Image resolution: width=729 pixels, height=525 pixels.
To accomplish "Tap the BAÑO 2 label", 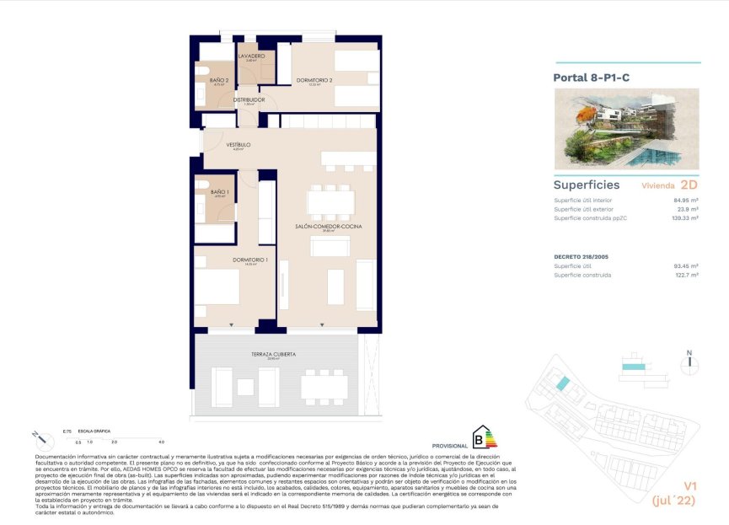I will tap(219, 80).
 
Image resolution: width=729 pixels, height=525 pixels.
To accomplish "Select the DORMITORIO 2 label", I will tap(314, 80).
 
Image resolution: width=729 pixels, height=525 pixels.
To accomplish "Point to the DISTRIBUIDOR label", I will tap(249, 99).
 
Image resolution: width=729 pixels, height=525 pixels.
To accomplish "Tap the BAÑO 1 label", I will tap(219, 193).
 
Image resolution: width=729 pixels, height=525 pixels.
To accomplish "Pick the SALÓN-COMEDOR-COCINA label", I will tap(321, 227).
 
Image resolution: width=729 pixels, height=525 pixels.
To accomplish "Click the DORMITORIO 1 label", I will tap(250, 260).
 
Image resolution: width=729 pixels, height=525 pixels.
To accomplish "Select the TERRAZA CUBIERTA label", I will tap(273, 355).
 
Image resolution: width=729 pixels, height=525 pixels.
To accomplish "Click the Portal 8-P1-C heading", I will tap(591, 78).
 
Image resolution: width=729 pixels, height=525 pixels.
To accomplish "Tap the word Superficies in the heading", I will tap(587, 185).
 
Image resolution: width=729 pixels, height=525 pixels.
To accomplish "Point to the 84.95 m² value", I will tap(686, 201).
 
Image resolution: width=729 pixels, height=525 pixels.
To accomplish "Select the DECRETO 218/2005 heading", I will tap(582, 256).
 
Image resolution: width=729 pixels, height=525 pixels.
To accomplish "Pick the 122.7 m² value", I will tap(685, 275).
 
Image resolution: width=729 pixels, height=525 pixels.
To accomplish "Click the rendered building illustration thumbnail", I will tap(626, 130).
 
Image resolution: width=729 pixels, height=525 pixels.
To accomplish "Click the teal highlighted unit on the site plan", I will tap(562, 384).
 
